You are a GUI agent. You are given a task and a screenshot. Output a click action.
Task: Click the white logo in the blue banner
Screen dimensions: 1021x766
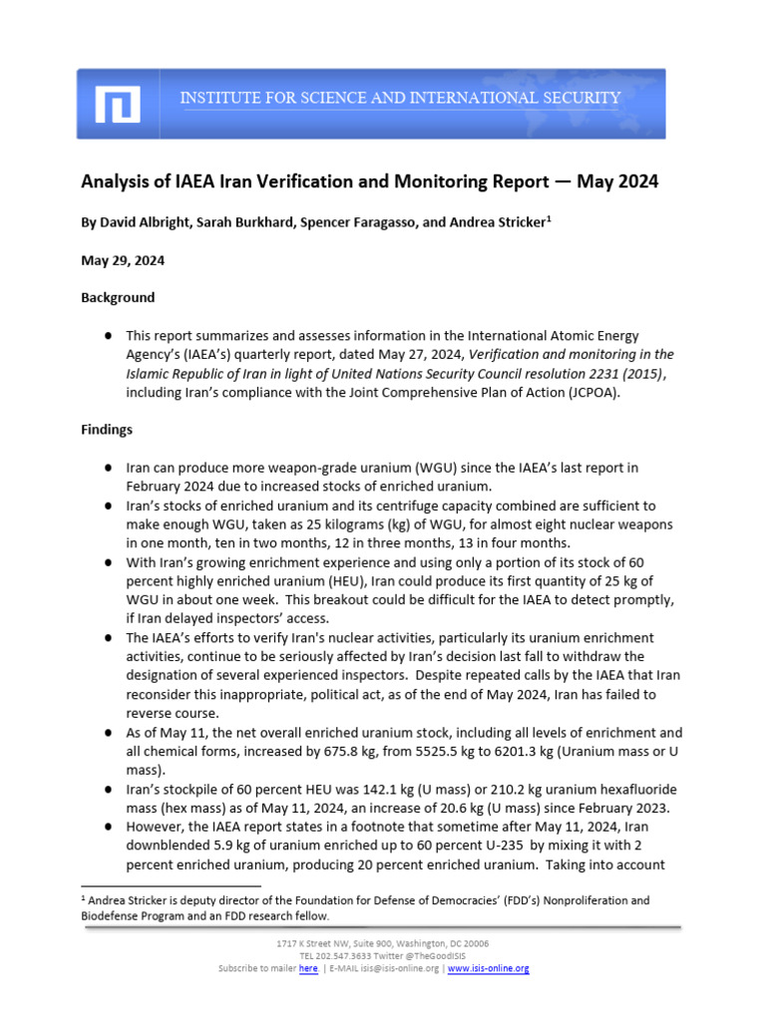(x=118, y=104)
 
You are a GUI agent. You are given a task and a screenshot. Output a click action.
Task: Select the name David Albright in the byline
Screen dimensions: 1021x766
(x=142, y=223)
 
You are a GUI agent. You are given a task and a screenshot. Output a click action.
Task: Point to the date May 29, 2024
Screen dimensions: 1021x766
(x=123, y=260)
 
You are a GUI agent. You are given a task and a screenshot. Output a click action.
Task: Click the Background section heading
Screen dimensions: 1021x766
(x=118, y=297)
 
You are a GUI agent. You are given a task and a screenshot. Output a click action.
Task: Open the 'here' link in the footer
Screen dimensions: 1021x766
(x=308, y=968)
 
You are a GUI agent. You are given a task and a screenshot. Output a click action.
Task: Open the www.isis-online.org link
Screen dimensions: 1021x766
(x=489, y=968)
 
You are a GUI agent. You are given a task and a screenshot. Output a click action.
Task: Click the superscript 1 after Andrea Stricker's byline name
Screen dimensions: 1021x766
(x=548, y=218)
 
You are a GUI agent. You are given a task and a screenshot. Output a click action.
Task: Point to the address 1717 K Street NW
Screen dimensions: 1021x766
(x=316, y=942)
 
